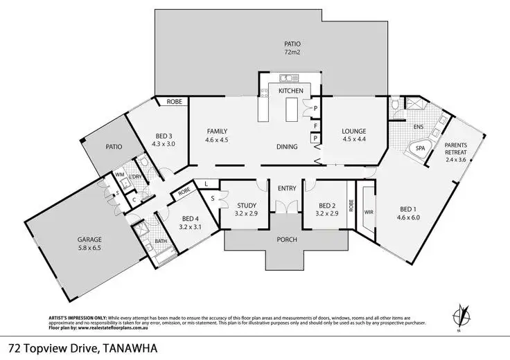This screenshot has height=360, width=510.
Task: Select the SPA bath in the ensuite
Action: (x=420, y=148)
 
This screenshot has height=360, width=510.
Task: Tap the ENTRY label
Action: (x=286, y=188)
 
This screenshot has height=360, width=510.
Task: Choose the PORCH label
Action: (x=286, y=240)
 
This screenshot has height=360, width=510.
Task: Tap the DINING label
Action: (x=286, y=147)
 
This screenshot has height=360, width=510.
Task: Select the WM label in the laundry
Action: (x=118, y=176)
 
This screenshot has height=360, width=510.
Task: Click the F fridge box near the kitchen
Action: (x=315, y=126)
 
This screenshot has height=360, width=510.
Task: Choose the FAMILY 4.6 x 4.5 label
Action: (x=217, y=136)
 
